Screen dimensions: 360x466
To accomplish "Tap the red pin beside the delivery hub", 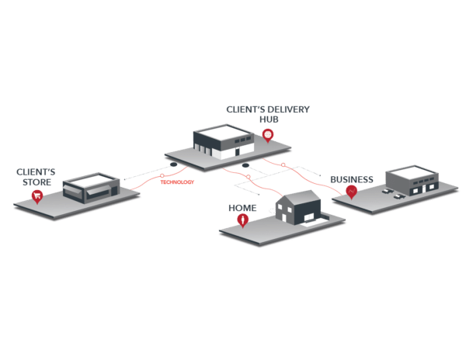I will pyautogui.click(x=268, y=135).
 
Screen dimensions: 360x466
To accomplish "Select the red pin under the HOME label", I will pyautogui.click(x=244, y=220).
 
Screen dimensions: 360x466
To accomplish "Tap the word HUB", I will pyautogui.click(x=268, y=119).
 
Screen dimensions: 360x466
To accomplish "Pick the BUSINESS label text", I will pyautogui.click(x=351, y=178).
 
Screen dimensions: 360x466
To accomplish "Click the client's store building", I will pyautogui.click(x=90, y=187).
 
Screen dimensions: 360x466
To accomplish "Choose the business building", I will pyautogui.click(x=412, y=180).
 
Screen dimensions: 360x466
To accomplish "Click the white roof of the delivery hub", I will pyautogui.click(x=225, y=132).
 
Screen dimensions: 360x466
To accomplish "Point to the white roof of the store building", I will pyautogui.click(x=92, y=180).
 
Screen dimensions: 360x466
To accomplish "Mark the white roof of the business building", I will pyautogui.click(x=414, y=171).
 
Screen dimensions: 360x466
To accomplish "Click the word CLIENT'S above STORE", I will pyautogui.click(x=36, y=172).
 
